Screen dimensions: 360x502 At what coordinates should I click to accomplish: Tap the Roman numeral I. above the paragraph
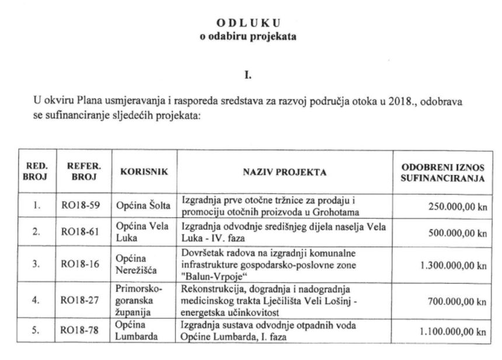point(250,75)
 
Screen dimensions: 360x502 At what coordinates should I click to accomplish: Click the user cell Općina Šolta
point(144,206)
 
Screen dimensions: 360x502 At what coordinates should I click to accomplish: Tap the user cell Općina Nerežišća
point(140,264)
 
